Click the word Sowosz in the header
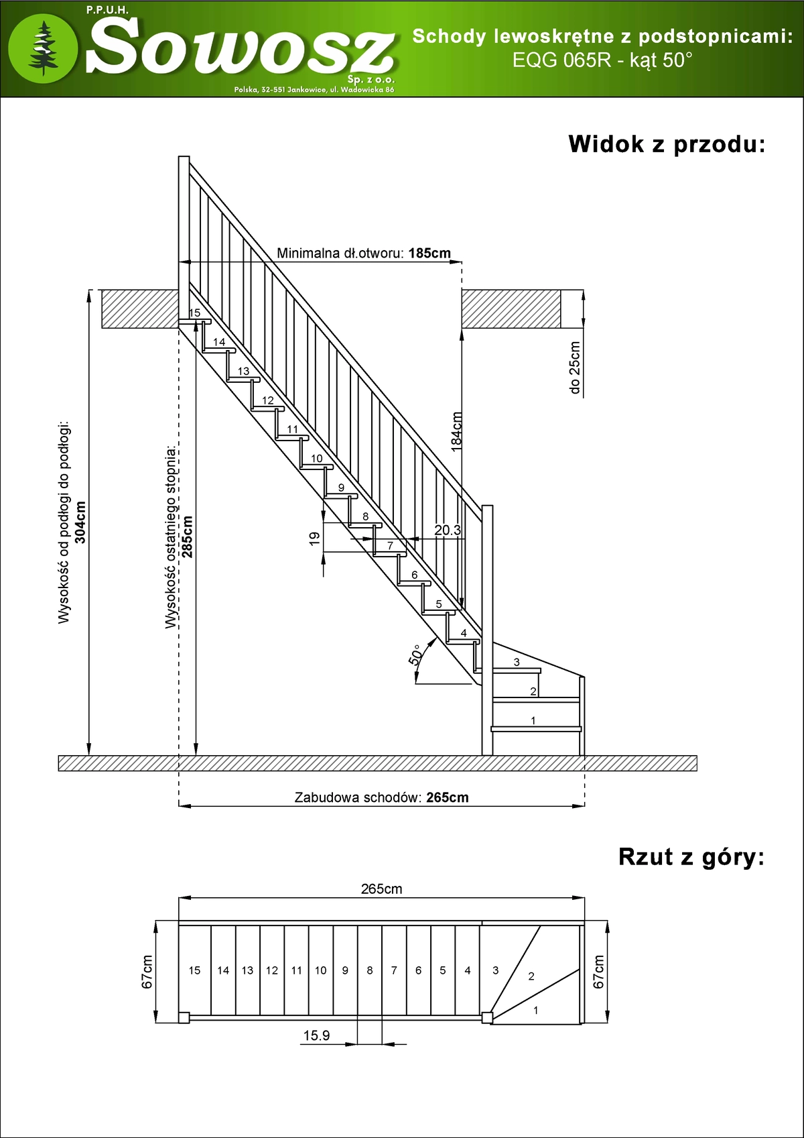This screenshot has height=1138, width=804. pos(240,47)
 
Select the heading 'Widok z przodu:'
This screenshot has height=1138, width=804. pos(666,144)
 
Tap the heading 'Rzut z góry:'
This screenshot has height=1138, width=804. pos(691,857)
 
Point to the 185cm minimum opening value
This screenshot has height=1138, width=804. pos(429,253)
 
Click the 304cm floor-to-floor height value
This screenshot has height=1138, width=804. pos(80,522)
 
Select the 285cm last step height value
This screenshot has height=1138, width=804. pos(188,536)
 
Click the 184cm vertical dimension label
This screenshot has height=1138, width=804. pos(457,431)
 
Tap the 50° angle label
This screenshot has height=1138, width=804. pos(415,655)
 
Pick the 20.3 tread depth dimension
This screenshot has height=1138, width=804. pos(448,530)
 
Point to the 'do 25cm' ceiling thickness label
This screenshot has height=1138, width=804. pos(574,367)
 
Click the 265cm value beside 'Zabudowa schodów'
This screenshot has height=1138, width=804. pos(448,797)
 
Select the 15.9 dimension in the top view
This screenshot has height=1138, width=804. pos(316,1035)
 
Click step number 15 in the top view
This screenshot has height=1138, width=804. pos(194,970)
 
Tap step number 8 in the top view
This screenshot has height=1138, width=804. pos(370,970)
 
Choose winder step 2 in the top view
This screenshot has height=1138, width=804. pos(531,976)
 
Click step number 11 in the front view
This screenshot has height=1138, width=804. pos(292,429)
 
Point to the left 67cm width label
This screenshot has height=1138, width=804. pos(147,972)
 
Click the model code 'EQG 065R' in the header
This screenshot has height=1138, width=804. pos(561,60)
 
